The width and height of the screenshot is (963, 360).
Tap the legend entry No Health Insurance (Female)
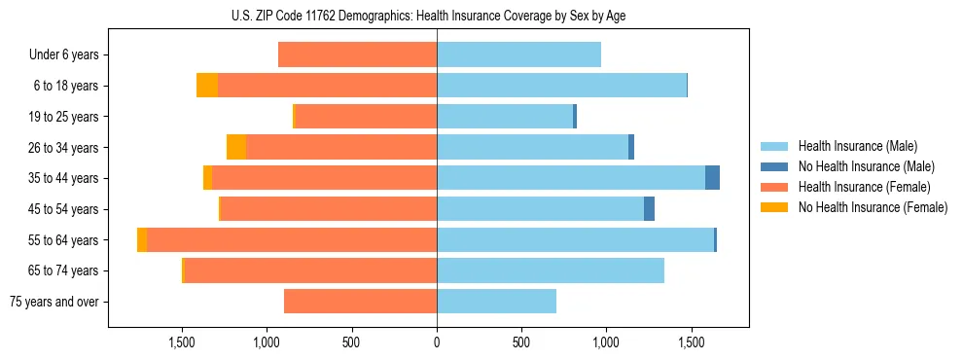pos(873,207)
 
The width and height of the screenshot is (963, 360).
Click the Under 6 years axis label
pos(63,55)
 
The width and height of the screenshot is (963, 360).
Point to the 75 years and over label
pos(53,302)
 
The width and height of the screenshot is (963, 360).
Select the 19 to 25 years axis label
pos(63,117)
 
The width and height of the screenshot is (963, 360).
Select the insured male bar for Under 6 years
pos(518,55)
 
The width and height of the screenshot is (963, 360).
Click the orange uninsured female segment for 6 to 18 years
pos(207,86)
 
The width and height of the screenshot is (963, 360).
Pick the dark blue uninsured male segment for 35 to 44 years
pos(712,178)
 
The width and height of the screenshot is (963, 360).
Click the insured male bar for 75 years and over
pos(496,302)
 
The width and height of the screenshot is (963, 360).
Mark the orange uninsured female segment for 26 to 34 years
pos(236,147)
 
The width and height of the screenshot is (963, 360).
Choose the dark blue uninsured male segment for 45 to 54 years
pos(649,209)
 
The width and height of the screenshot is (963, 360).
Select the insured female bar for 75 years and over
pos(360,302)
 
